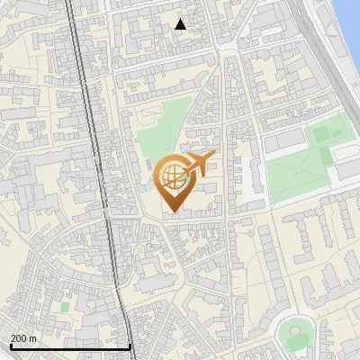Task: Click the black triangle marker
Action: [x=181, y=24]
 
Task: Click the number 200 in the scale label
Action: [x=19, y=337]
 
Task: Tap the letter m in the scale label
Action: [x=33, y=337]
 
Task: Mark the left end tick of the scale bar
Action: [x=11, y=346]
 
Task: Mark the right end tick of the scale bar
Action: [x=131, y=346]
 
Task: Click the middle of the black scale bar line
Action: [x=71, y=347]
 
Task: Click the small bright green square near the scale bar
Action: [x=64, y=306]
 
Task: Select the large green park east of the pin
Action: [x=301, y=166]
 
